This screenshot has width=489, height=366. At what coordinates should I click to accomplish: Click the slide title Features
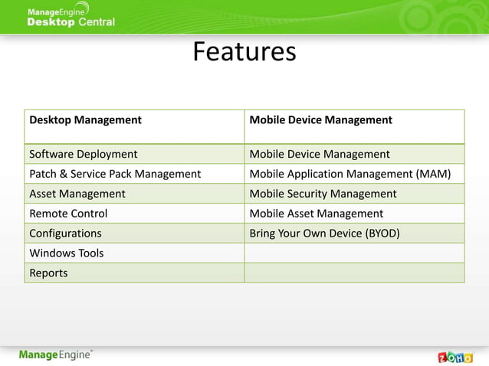pos(244,52)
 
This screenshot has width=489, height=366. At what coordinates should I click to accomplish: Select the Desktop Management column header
pos(85,120)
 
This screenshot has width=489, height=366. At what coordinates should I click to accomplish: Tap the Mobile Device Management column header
pos(320,120)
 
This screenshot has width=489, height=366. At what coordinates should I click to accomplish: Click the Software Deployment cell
pos(84,154)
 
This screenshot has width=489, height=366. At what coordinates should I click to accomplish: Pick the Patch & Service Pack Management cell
pos(115,174)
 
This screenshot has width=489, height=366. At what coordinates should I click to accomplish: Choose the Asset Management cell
pos(77,194)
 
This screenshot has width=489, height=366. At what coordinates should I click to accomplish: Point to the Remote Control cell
pos(68,214)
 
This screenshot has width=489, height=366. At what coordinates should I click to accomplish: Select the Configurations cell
pos(65,234)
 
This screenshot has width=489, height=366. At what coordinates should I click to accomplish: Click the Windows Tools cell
pos(67,253)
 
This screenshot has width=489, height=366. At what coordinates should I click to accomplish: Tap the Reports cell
pos(48,273)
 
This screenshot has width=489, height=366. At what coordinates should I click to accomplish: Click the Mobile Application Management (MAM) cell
pos(350,174)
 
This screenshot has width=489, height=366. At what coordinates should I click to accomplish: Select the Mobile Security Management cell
pos(323,194)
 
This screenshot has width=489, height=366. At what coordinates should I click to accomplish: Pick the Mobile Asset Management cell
pos(316,214)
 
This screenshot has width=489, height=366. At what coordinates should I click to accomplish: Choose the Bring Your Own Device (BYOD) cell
pos(324,234)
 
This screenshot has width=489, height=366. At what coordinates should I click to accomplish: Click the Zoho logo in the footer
pos(455,356)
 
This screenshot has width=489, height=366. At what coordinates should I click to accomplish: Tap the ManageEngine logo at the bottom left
pos(56,355)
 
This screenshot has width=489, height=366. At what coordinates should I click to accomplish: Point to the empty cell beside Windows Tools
pos(354,253)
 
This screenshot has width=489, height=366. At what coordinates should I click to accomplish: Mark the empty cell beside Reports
pos(354,273)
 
